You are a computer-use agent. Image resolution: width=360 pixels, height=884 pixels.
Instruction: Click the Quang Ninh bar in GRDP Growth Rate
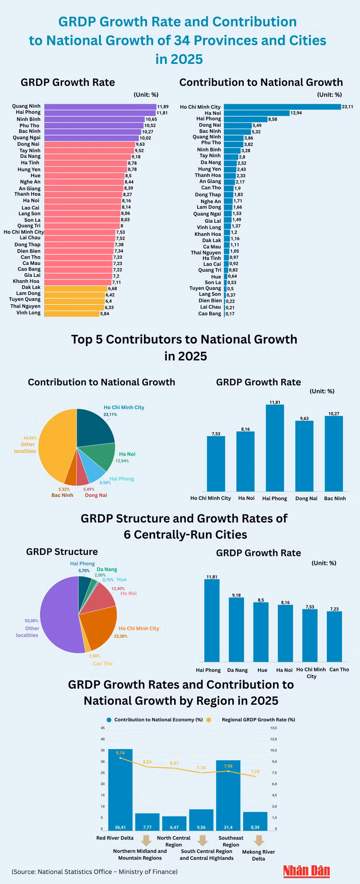click(x=100, y=107)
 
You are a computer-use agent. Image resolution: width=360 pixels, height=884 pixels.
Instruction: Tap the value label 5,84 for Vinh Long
click(x=105, y=313)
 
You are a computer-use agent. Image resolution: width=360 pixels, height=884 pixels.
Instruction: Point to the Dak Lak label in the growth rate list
click(x=31, y=287)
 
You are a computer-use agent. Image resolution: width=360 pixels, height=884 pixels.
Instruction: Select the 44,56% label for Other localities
click(x=30, y=437)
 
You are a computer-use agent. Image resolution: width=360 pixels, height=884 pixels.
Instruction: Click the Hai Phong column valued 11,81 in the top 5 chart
click(x=274, y=448)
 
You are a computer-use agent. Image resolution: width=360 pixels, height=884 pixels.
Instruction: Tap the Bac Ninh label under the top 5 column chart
click(x=335, y=498)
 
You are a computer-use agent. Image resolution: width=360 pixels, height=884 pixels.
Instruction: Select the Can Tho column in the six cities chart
click(x=334, y=636)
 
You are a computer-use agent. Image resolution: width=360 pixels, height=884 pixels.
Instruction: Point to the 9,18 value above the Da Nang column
click(x=236, y=595)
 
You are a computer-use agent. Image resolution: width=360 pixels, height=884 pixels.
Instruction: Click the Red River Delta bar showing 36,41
click(x=120, y=789)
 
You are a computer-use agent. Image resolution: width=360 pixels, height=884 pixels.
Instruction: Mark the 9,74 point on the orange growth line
click(x=120, y=758)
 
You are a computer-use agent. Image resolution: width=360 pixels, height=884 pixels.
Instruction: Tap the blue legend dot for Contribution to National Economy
click(x=109, y=720)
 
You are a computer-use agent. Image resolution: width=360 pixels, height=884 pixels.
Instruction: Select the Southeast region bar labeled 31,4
click(x=228, y=794)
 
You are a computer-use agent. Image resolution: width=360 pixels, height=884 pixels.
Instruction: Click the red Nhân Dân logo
click(x=306, y=871)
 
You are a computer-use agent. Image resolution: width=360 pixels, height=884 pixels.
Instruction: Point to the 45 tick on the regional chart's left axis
click(x=103, y=728)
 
